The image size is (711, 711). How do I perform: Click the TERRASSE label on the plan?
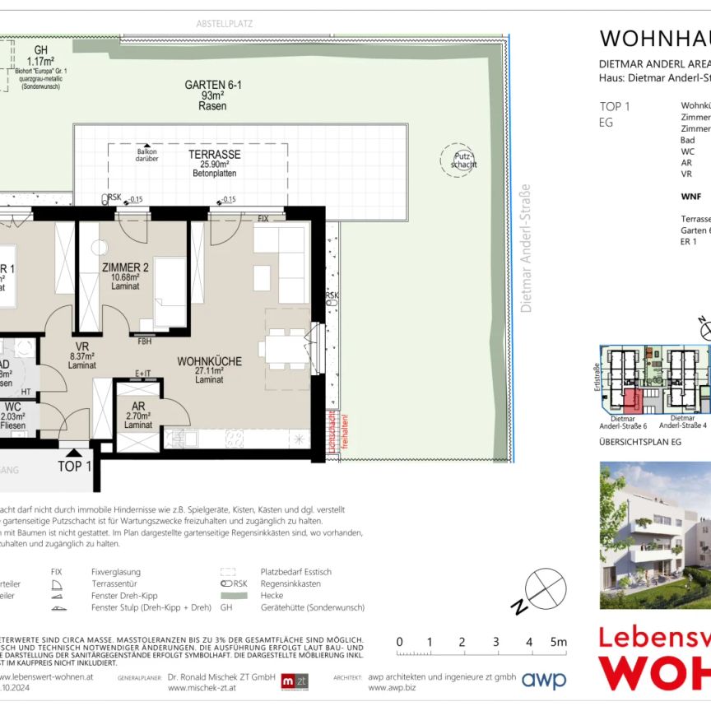click(214, 154)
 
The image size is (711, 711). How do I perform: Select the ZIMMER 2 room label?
click(125, 267)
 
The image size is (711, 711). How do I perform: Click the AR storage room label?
click(139, 406)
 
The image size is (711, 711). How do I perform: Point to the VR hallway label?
click(82, 346)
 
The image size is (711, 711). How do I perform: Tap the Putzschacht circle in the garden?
click(457, 159)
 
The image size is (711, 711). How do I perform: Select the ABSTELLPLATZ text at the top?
click(224, 24)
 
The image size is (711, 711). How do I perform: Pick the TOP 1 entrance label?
click(74, 467)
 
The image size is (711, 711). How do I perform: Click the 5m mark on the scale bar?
click(557, 642)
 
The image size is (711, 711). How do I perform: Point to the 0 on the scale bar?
click(399, 642)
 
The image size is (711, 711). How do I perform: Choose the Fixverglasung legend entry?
click(115, 571)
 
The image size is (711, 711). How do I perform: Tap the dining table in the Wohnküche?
click(284, 349)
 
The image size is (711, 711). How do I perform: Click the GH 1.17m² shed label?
click(39, 54)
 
